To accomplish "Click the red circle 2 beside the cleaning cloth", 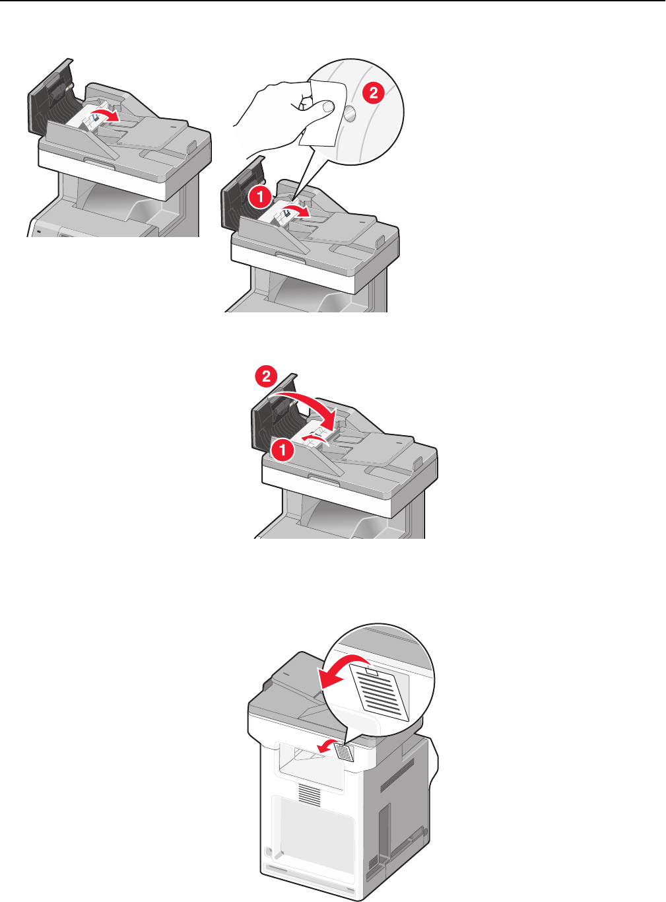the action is pyautogui.click(x=373, y=93).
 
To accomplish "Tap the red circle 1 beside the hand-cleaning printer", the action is pyautogui.click(x=260, y=197).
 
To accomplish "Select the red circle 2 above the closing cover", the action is pyautogui.click(x=266, y=376).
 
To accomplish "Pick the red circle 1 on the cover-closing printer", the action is pyautogui.click(x=283, y=450).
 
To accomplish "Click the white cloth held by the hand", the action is pyautogui.click(x=323, y=113).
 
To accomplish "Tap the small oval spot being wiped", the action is pyautogui.click(x=349, y=114).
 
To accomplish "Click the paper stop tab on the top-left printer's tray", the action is pyautogui.click(x=191, y=147).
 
